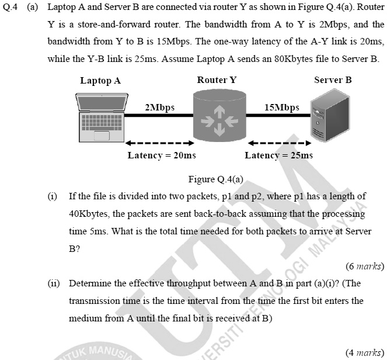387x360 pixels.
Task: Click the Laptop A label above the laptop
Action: (x=100, y=81)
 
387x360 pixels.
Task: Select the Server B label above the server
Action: (x=333, y=80)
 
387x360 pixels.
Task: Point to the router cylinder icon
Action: (x=217, y=116)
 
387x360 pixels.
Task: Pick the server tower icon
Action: (x=327, y=117)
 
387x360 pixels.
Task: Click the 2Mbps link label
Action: (x=159, y=108)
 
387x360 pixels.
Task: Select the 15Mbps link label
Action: (x=281, y=108)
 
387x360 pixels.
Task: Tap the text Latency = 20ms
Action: (x=162, y=155)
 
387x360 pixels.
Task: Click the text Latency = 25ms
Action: (x=278, y=155)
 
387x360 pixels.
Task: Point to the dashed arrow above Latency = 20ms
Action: (x=159, y=143)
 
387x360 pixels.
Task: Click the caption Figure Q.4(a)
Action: (x=215, y=179)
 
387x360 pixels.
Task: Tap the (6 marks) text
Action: (x=365, y=266)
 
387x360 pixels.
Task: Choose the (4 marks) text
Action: (x=365, y=352)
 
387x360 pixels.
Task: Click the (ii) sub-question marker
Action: (x=54, y=283)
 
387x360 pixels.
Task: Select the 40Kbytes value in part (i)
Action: (x=89, y=213)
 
